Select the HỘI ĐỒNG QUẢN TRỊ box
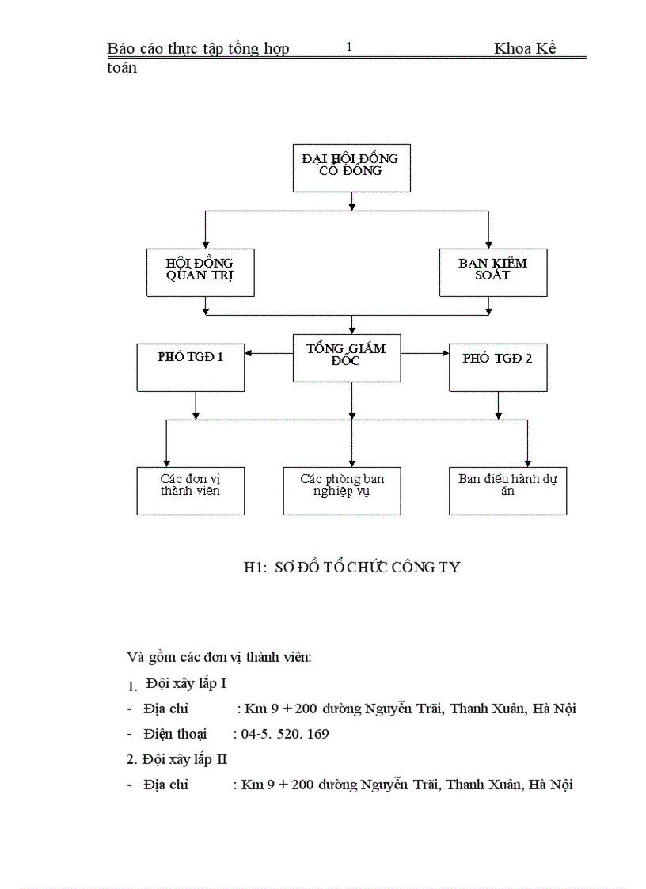[201, 272]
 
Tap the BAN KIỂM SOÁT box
[493, 272]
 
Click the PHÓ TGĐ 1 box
[191, 367]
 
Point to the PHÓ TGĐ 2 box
[498, 367]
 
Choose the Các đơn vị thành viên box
[190, 491]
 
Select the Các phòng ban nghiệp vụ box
[342, 491]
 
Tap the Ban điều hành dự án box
[507, 491]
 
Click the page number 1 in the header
[348, 47]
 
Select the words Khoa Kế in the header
[525, 49]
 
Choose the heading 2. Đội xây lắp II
[177, 759]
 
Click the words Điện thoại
[175, 734]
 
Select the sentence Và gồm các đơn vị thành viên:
[219, 657]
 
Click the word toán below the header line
[122, 68]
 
